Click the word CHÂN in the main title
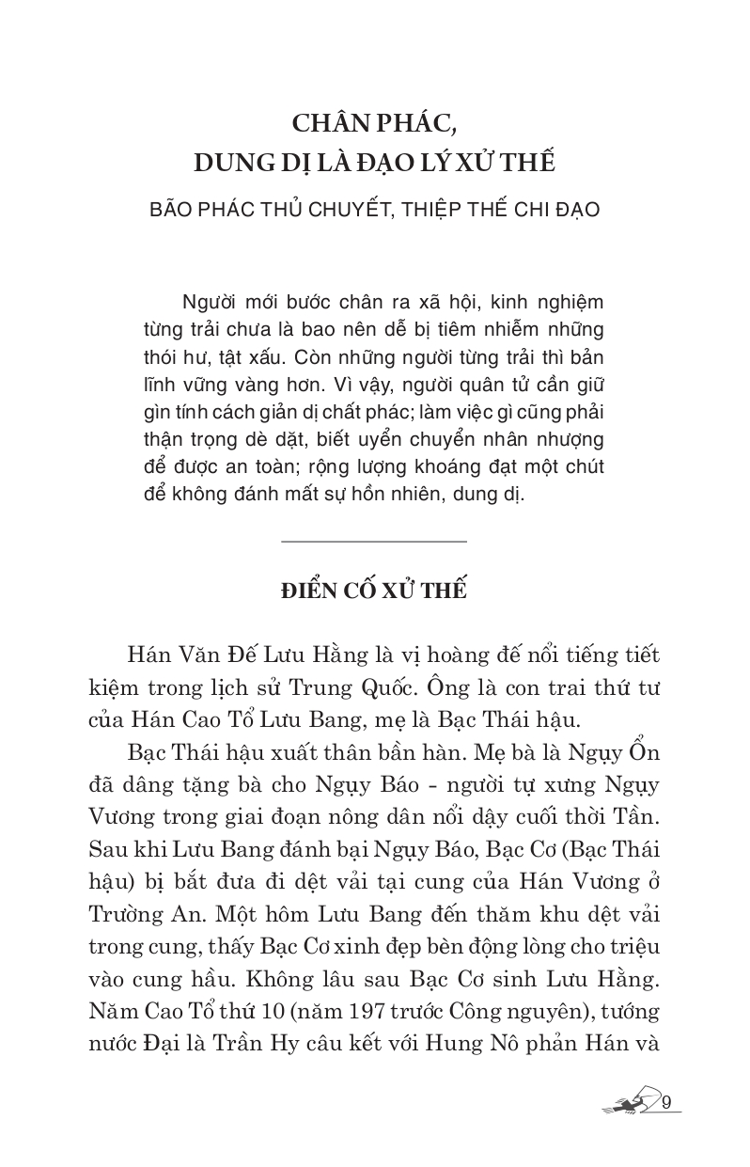pos(336,124)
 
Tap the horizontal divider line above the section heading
pos(374,542)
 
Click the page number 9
pos(666,1103)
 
